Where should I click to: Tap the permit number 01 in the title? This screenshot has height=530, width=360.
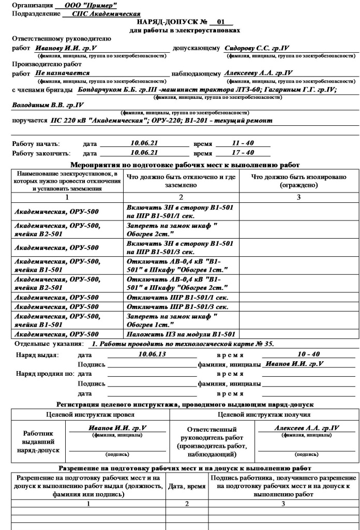(x=221, y=22)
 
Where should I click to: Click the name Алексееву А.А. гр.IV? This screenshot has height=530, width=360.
(x=259, y=73)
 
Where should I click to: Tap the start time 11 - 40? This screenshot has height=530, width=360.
(x=243, y=143)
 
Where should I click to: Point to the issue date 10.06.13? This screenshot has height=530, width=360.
(x=153, y=354)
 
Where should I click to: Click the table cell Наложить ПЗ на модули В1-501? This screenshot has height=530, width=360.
(x=181, y=334)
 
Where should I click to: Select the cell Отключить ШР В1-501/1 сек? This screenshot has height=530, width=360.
(x=177, y=297)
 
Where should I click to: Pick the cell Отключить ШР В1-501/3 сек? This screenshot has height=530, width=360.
(x=177, y=306)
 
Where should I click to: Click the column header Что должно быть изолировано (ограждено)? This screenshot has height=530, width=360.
(x=298, y=181)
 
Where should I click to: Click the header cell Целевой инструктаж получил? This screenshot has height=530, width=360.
(x=286, y=415)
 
